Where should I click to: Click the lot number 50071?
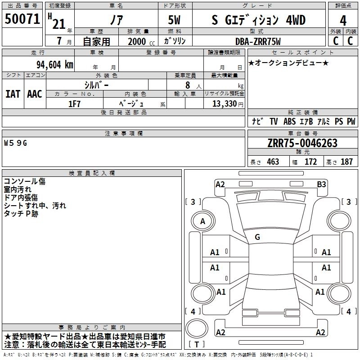(22, 19)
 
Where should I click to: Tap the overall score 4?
(343, 20)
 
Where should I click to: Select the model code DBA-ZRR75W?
(258, 41)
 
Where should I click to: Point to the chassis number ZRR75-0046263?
(302, 143)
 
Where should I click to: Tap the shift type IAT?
(13, 94)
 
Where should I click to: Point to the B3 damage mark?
(321, 184)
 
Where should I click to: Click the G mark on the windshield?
(257, 237)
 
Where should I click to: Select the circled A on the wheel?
(202, 221)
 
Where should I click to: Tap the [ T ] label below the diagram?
(197, 345)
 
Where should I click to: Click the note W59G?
(16, 143)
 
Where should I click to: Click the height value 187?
(346, 162)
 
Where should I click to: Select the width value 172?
(310, 162)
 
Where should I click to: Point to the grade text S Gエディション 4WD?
(258, 20)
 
